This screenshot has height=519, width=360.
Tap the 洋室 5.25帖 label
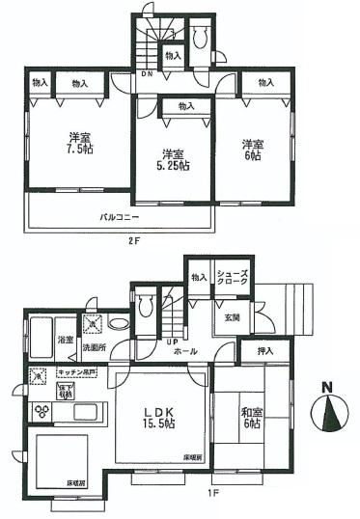[174, 160]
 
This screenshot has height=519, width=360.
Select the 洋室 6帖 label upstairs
[253, 150]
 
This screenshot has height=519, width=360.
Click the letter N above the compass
[326, 389]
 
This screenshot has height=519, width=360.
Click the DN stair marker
[148, 73]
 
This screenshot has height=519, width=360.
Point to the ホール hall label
[204, 352]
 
